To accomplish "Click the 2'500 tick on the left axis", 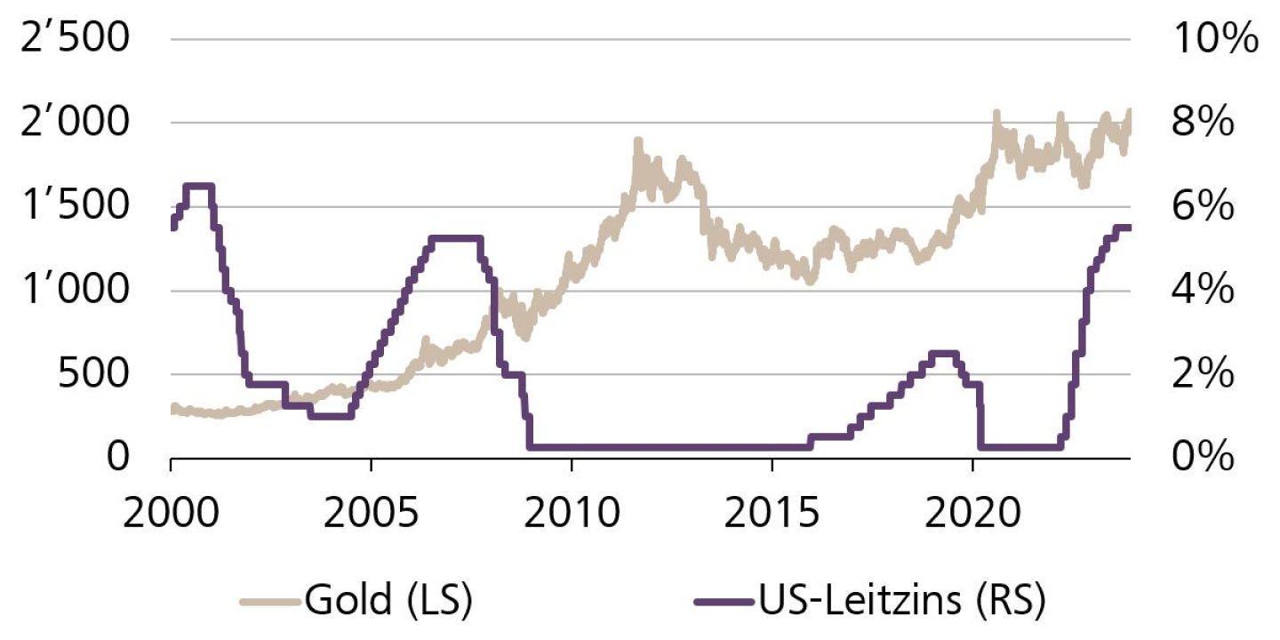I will (x=77, y=40).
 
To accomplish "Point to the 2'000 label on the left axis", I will (x=77, y=124).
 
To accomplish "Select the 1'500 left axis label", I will (x=77, y=207).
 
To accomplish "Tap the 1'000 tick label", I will (x=77, y=291).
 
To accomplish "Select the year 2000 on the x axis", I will (x=170, y=515).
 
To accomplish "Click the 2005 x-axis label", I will (x=371, y=515).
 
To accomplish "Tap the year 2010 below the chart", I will (x=572, y=515).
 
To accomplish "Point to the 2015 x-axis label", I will (x=772, y=515).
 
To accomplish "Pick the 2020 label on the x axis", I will (x=973, y=515).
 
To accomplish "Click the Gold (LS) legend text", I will (x=387, y=600).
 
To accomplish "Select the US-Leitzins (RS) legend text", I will (x=903, y=600).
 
